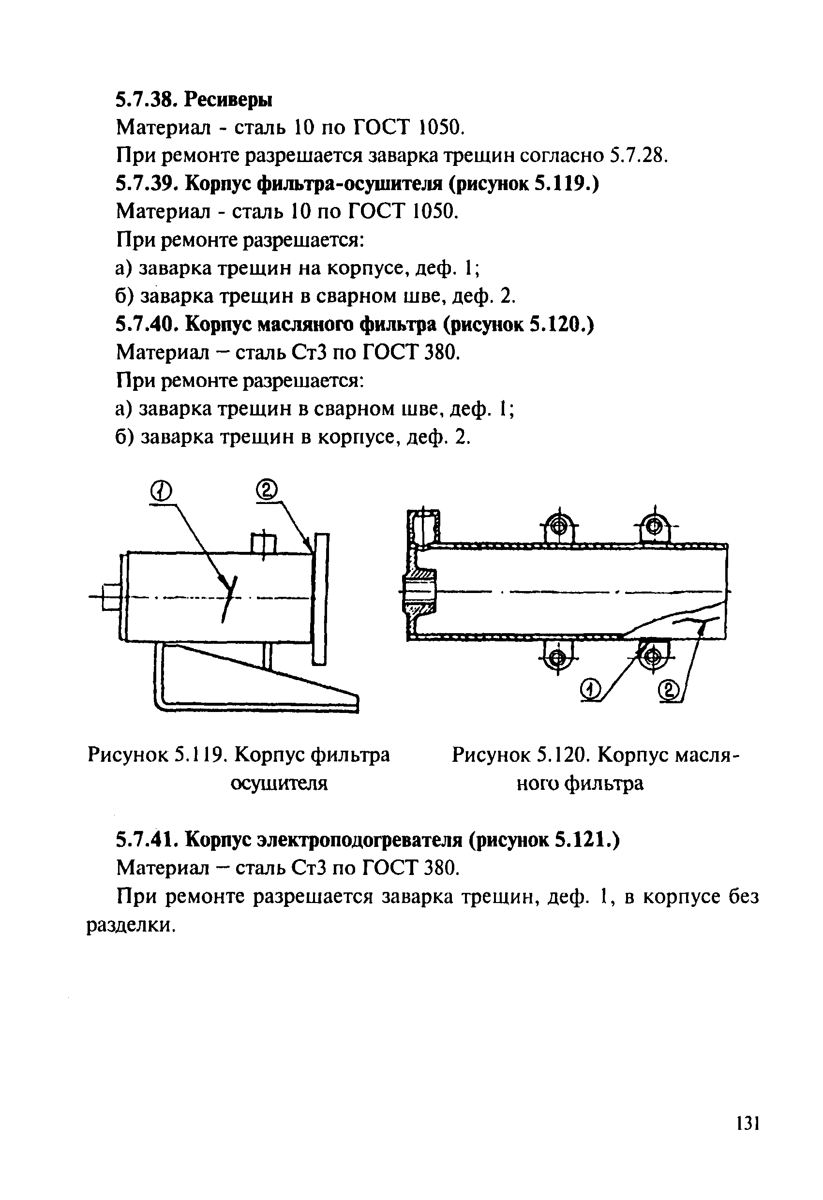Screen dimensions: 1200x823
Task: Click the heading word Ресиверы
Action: click(228, 99)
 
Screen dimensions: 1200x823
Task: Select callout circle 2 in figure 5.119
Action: click(267, 489)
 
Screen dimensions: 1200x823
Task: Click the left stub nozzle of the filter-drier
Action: click(111, 597)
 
